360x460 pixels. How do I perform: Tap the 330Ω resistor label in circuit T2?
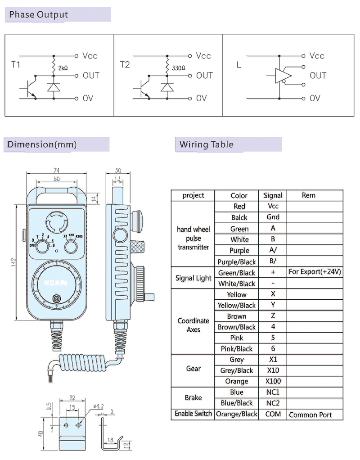click(x=178, y=68)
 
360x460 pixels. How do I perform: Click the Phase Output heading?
click(x=39, y=15)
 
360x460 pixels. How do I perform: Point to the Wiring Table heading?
click(x=207, y=144)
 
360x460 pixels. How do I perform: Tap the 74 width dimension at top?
click(x=56, y=170)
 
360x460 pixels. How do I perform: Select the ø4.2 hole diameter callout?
click(x=99, y=406)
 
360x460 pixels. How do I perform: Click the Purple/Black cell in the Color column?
click(x=237, y=262)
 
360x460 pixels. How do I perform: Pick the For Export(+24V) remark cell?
click(x=315, y=272)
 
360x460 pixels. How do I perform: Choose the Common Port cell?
click(x=310, y=415)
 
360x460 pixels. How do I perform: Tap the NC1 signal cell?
click(x=273, y=392)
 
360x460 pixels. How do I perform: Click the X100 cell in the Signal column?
click(x=273, y=381)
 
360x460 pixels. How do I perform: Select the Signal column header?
click(x=273, y=195)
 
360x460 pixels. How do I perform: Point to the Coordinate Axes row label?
click(x=193, y=325)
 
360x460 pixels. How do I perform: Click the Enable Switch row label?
click(x=193, y=414)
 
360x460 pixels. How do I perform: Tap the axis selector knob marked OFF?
click(x=43, y=246)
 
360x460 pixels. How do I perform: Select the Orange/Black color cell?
click(x=237, y=414)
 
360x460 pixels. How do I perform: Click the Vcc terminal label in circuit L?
click(x=317, y=56)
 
